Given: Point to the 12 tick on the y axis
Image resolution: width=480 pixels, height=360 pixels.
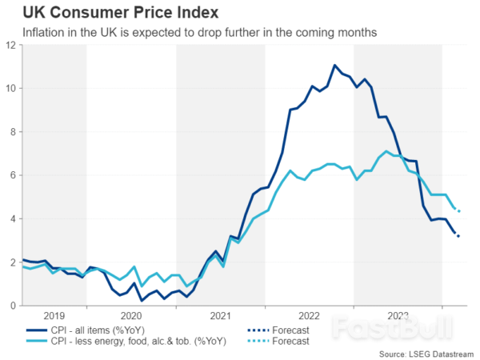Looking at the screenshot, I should [10, 45].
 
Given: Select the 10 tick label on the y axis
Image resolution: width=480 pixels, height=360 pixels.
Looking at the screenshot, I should [10, 88].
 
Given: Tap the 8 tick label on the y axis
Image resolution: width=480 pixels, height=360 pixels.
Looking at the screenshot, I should [13, 131].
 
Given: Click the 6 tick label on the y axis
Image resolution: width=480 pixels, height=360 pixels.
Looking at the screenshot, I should [13, 175].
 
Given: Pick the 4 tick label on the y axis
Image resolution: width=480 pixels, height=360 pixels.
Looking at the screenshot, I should [13, 218].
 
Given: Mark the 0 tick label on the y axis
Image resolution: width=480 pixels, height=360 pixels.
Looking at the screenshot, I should [13, 306].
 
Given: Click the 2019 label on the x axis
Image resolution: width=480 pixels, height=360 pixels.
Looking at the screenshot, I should [54, 316].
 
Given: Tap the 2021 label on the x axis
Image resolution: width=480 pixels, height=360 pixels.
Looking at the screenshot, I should [220, 316].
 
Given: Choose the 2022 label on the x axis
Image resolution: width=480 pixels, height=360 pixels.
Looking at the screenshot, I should [309, 316].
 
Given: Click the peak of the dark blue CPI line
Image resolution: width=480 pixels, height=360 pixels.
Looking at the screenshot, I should [335, 65].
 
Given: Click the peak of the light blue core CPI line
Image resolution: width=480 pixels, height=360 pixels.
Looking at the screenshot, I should [387, 151].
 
